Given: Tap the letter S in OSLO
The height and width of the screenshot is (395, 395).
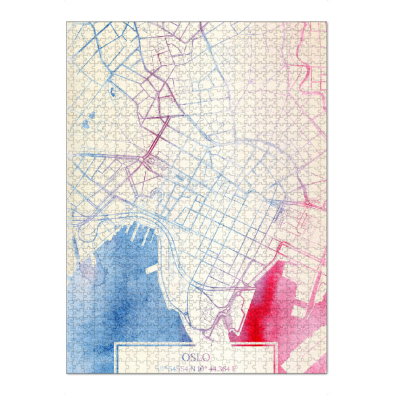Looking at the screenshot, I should (192, 356).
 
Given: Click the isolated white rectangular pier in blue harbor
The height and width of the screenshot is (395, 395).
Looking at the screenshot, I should (151, 270).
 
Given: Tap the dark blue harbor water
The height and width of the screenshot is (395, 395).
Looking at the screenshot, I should (125, 296).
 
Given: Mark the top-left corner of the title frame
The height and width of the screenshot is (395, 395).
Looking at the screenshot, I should (116, 344).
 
